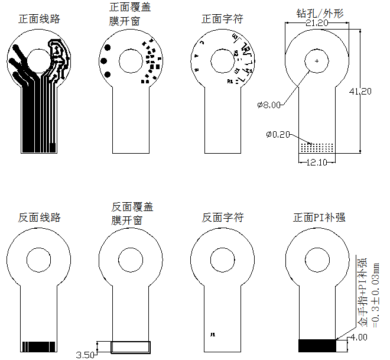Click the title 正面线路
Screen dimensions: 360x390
[39, 19]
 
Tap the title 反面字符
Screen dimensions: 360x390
[222, 218]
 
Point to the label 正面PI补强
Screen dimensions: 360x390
[319, 218]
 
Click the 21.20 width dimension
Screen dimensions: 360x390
[317, 23]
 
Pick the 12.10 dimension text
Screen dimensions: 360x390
[317, 163]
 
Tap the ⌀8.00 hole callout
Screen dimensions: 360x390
[269, 105]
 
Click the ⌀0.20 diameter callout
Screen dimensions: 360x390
[278, 135]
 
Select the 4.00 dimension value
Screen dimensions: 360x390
[359, 338]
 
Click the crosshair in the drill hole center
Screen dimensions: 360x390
[317, 61]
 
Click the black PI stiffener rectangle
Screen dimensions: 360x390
[317, 346]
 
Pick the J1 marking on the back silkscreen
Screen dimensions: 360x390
[212, 334]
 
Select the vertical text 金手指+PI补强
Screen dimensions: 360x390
[362, 293]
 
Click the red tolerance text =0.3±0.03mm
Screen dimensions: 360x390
[374, 293]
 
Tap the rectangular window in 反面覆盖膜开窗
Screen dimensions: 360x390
[131, 347]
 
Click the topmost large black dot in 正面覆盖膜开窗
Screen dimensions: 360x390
[108, 47]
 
